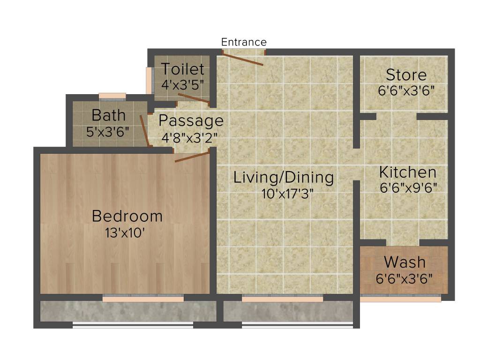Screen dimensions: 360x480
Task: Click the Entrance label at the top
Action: (x=244, y=42)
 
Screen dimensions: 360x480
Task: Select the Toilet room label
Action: (x=183, y=69)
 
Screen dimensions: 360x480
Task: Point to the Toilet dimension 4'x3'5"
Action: (x=182, y=85)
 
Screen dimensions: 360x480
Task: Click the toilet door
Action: (x=194, y=97)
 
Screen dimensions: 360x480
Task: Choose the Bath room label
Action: (x=108, y=115)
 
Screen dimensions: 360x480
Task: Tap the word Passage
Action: (x=191, y=121)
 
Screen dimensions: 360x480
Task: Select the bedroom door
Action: (x=192, y=157)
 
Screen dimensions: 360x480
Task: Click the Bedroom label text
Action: (x=127, y=216)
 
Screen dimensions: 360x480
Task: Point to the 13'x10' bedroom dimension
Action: (x=127, y=232)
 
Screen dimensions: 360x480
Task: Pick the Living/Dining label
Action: (x=284, y=178)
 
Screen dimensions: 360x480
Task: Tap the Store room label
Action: (x=406, y=75)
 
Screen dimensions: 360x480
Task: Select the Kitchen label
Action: (x=407, y=172)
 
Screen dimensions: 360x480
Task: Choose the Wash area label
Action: (x=405, y=262)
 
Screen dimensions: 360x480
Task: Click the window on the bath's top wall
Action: (x=112, y=96)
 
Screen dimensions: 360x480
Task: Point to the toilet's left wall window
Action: (x=149, y=81)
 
